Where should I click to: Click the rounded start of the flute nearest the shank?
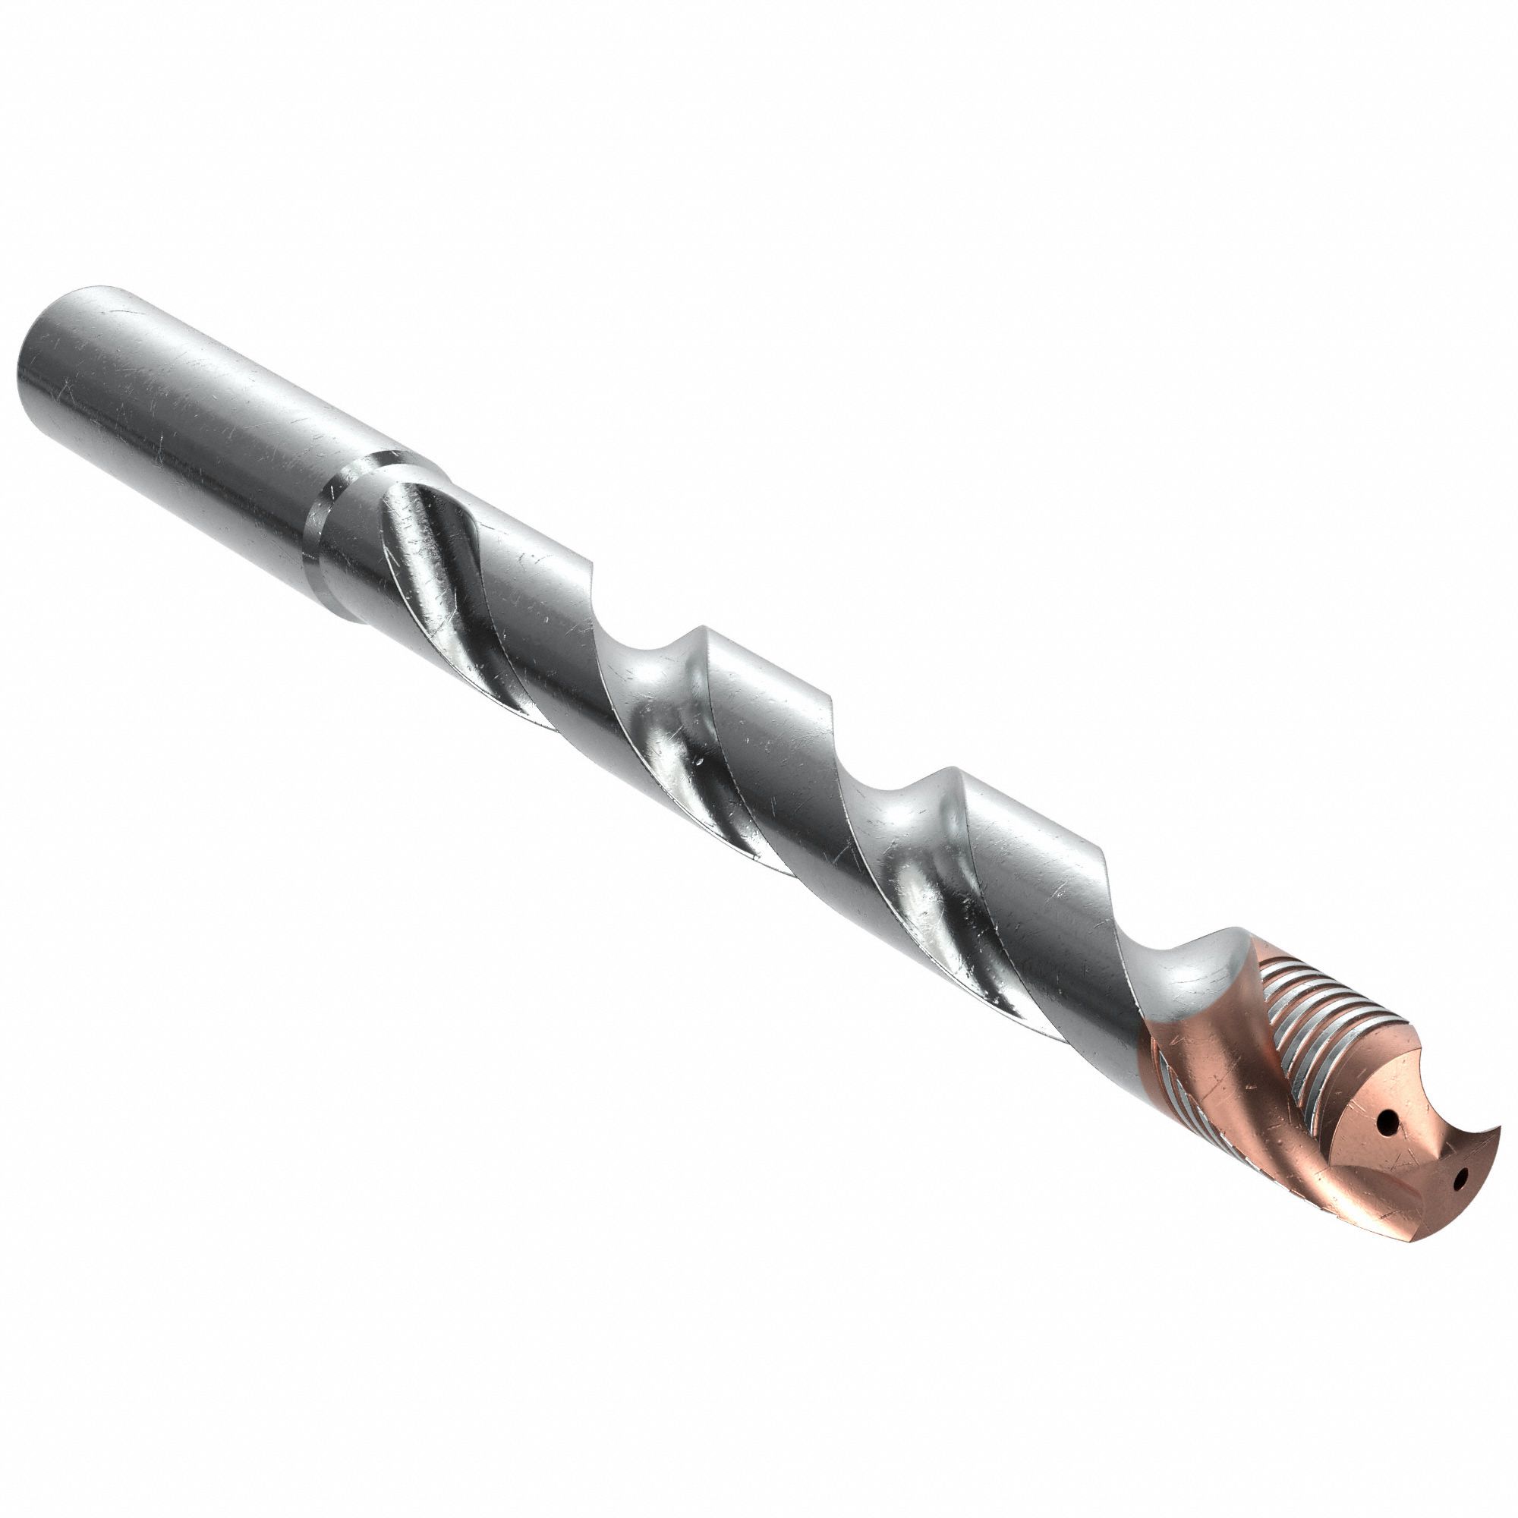coord(401,503)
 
